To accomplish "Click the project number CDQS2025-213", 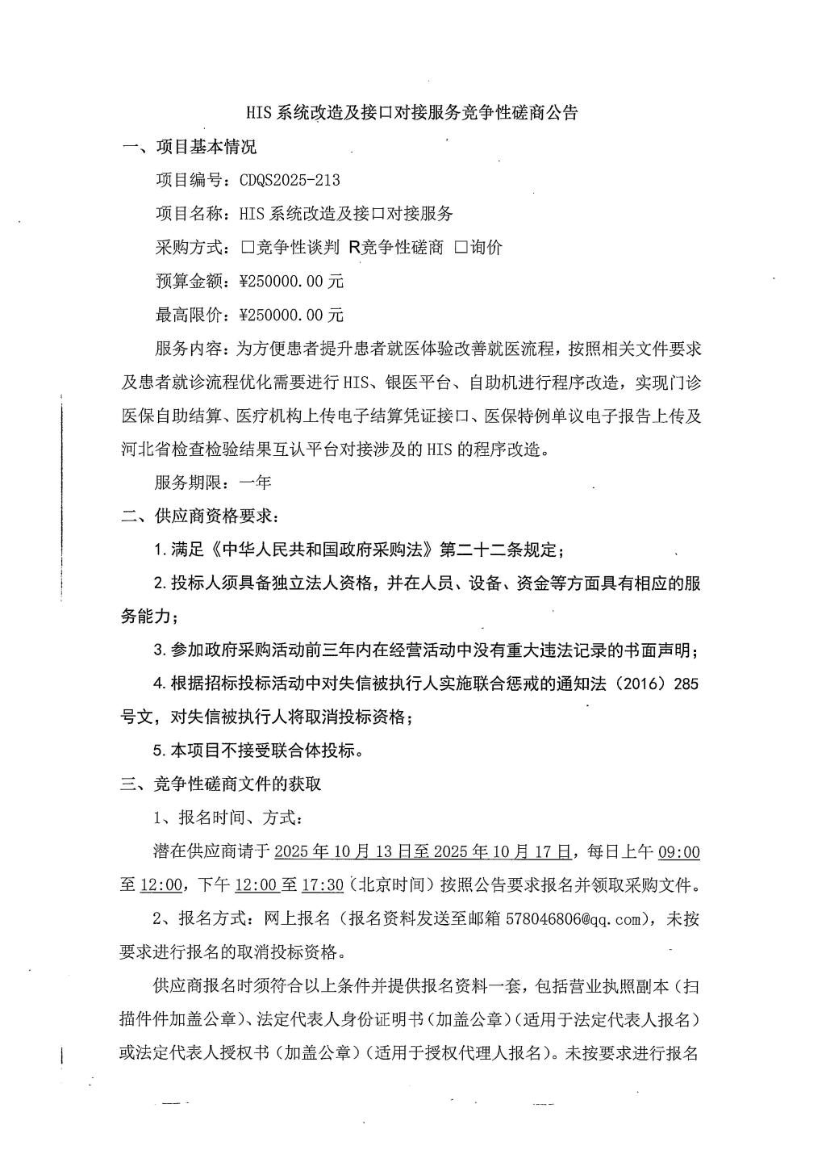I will coord(290,180).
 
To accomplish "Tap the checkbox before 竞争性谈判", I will coord(247,248).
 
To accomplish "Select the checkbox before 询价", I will coord(461,248).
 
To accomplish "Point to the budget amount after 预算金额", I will coord(292,282).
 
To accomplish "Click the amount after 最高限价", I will coord(292,315).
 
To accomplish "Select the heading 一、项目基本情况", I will coord(189,147).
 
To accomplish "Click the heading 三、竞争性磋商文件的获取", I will coord(222,784).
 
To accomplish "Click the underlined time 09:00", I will coord(679,851).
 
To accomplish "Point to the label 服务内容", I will coord(190,349).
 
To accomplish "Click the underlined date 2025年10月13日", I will coord(343,851).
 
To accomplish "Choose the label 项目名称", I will coord(190,214).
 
